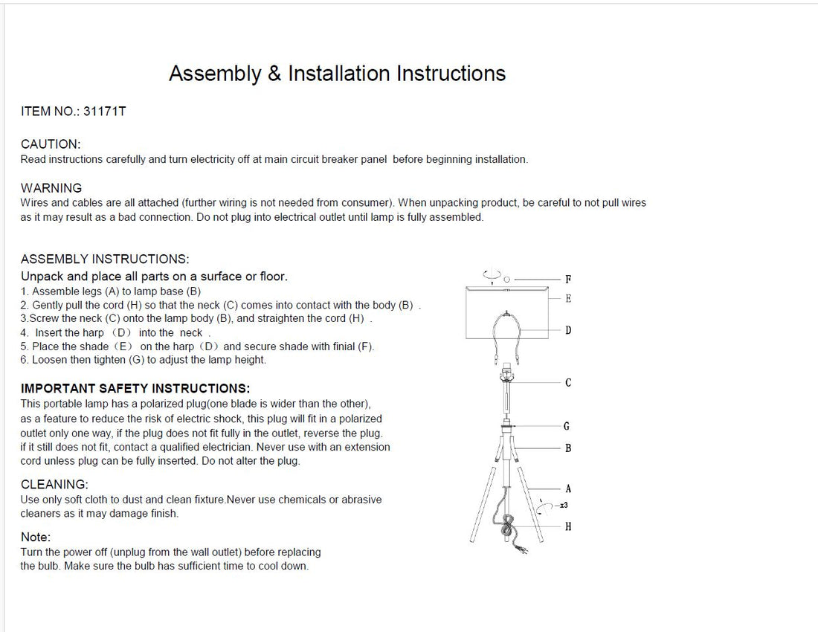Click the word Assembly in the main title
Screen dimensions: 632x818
click(x=215, y=74)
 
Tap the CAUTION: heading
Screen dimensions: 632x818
click(x=51, y=144)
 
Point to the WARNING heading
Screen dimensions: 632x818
click(x=51, y=188)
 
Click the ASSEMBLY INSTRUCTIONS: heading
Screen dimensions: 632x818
click(x=105, y=259)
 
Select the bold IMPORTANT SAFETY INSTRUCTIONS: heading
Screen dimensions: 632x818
click(x=135, y=389)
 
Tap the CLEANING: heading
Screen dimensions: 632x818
click(x=54, y=485)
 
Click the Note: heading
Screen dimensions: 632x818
click(x=36, y=537)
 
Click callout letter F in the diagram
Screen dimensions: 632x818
click(x=568, y=280)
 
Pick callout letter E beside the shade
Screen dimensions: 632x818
click(x=568, y=299)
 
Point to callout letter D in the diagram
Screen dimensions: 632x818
click(x=568, y=330)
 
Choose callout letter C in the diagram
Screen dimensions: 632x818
click(x=568, y=383)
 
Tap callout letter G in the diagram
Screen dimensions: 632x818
click(x=567, y=427)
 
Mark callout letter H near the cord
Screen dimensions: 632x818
click(x=568, y=526)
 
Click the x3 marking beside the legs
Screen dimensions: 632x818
click(x=564, y=506)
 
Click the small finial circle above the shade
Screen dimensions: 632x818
click(x=506, y=279)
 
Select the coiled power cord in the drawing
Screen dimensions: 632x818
click(x=508, y=529)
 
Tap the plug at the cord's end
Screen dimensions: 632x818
click(x=524, y=550)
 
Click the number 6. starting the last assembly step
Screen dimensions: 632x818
click(x=25, y=360)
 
